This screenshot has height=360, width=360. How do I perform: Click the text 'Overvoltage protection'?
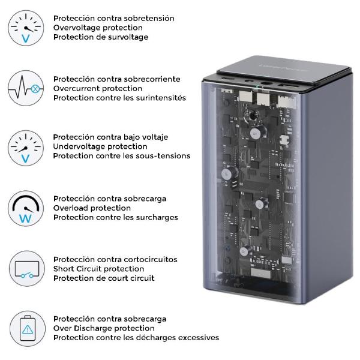(x=98, y=28)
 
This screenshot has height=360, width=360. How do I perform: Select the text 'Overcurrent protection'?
(x=98, y=88)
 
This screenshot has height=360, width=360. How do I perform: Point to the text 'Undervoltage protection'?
(x=100, y=146)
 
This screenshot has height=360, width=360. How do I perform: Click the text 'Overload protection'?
(x=92, y=208)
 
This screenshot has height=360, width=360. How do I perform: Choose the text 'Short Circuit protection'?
(x=98, y=269)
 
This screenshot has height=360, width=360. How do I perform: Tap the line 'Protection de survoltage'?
(x=100, y=37)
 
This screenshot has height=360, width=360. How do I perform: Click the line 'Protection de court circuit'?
(x=104, y=278)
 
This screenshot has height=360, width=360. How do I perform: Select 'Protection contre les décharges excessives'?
(x=136, y=338)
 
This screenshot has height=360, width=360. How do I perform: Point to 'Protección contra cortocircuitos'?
(x=115, y=259)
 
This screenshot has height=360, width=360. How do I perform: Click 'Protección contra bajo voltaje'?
(x=110, y=137)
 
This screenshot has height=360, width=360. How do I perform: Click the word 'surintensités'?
(x=160, y=98)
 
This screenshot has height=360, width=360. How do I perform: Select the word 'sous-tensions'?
(x=163, y=156)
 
